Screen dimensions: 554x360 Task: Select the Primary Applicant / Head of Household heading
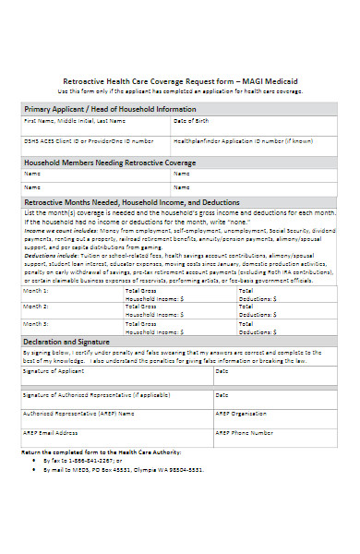tap(110, 109)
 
